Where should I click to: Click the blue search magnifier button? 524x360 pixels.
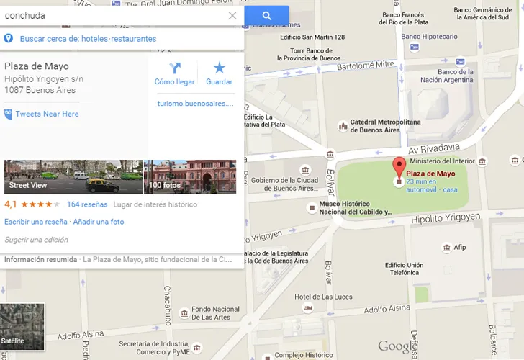[x=266, y=15]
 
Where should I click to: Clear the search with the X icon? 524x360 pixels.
[x=232, y=15]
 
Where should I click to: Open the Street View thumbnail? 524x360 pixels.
[x=73, y=176]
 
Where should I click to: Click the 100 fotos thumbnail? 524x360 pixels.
[x=190, y=176]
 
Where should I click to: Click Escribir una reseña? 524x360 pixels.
[x=35, y=222]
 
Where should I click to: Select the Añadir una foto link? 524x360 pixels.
[x=99, y=222]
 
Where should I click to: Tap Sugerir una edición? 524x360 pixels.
[x=37, y=240]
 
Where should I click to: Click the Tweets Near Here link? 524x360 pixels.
[x=47, y=114]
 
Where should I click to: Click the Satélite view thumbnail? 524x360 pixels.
[x=22, y=327]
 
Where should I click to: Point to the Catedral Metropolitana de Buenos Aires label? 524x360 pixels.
[x=384, y=126]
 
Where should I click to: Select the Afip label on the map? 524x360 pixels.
[x=459, y=248]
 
